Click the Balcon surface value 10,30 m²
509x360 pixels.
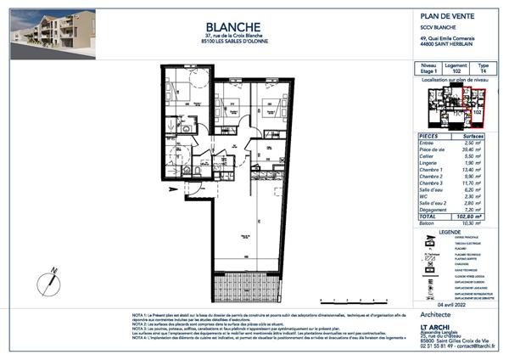point(478,222)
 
